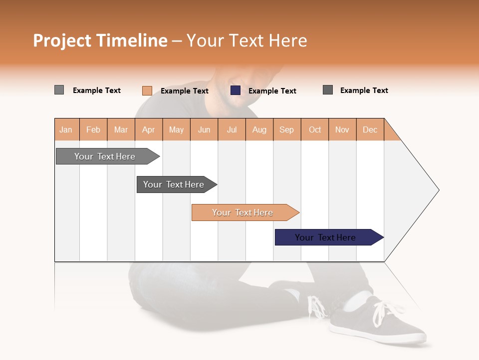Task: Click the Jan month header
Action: click(66, 129)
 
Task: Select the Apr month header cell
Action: click(149, 129)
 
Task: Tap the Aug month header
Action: click(259, 129)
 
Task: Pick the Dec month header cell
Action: click(370, 129)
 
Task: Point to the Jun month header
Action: click(204, 129)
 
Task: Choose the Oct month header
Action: click(315, 129)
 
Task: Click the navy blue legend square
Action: click(236, 90)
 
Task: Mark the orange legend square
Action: click(147, 90)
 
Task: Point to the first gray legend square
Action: click(59, 90)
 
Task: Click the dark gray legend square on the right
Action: click(328, 90)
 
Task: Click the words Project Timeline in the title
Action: click(100, 40)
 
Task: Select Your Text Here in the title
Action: click(247, 40)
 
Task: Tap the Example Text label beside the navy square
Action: click(272, 91)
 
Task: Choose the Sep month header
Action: click(287, 129)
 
